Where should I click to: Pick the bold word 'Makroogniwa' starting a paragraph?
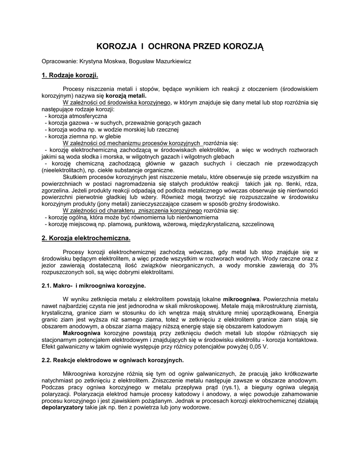click(x=81, y=333)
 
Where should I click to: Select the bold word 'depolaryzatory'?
click(x=62, y=407)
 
